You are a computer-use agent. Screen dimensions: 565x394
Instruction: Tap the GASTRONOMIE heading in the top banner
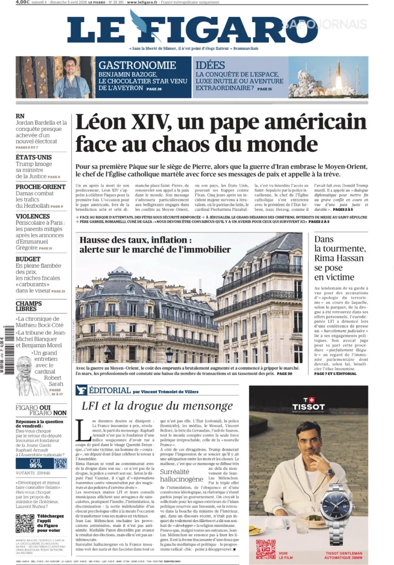click(137, 65)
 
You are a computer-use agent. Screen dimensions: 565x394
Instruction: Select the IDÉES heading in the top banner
click(210, 65)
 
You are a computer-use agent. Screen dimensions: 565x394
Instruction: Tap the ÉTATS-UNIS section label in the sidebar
click(34, 157)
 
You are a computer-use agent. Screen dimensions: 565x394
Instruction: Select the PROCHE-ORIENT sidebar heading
click(40, 187)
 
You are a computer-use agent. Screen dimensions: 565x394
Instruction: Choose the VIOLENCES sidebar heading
click(33, 216)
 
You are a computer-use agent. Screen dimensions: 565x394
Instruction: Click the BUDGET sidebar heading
click(28, 259)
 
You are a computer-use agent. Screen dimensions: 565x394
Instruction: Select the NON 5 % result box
click(61, 463)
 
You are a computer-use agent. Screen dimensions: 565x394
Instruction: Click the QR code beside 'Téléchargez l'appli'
click(25, 523)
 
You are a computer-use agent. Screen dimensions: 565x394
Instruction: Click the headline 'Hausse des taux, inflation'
click(143, 245)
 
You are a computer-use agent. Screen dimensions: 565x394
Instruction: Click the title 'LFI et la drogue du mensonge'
click(157, 406)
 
